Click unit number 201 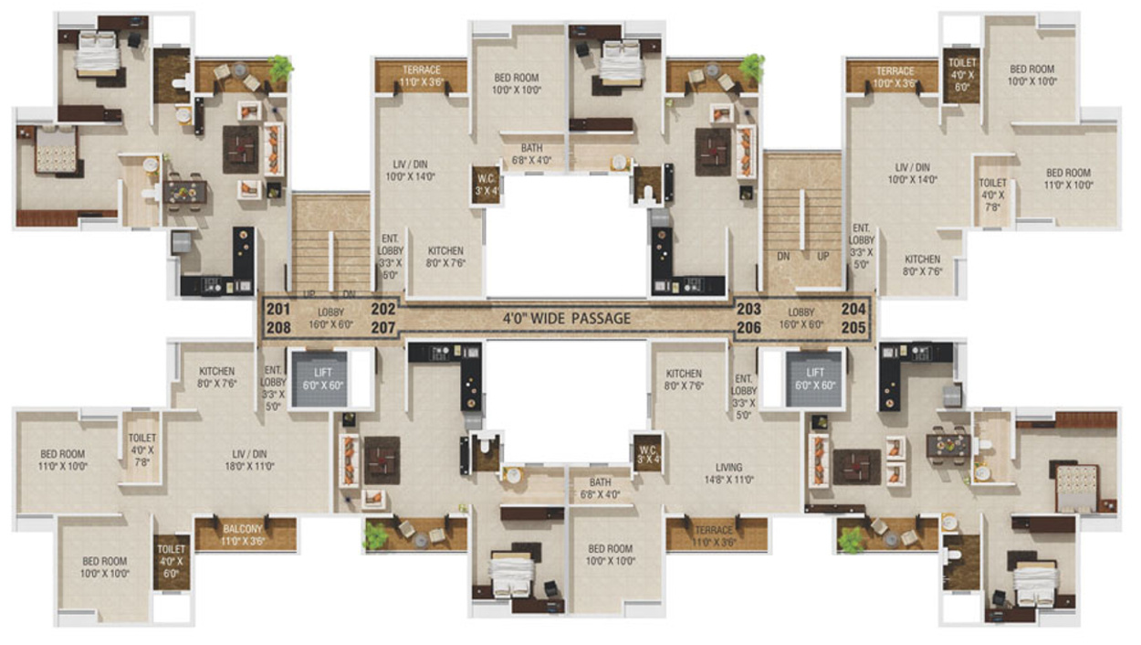pyautogui.click(x=277, y=310)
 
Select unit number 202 pyautogui.click(x=383, y=310)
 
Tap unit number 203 pyautogui.click(x=748, y=310)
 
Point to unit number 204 pyautogui.click(x=853, y=310)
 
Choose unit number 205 pyautogui.click(x=853, y=327)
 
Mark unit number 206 pyautogui.click(x=748, y=327)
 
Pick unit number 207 pyautogui.click(x=383, y=327)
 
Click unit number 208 pyautogui.click(x=277, y=327)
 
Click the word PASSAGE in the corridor pyautogui.click(x=601, y=319)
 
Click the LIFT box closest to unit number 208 pyautogui.click(x=318, y=377)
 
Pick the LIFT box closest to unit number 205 pyautogui.click(x=814, y=377)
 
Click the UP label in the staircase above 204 pyautogui.click(x=823, y=257)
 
